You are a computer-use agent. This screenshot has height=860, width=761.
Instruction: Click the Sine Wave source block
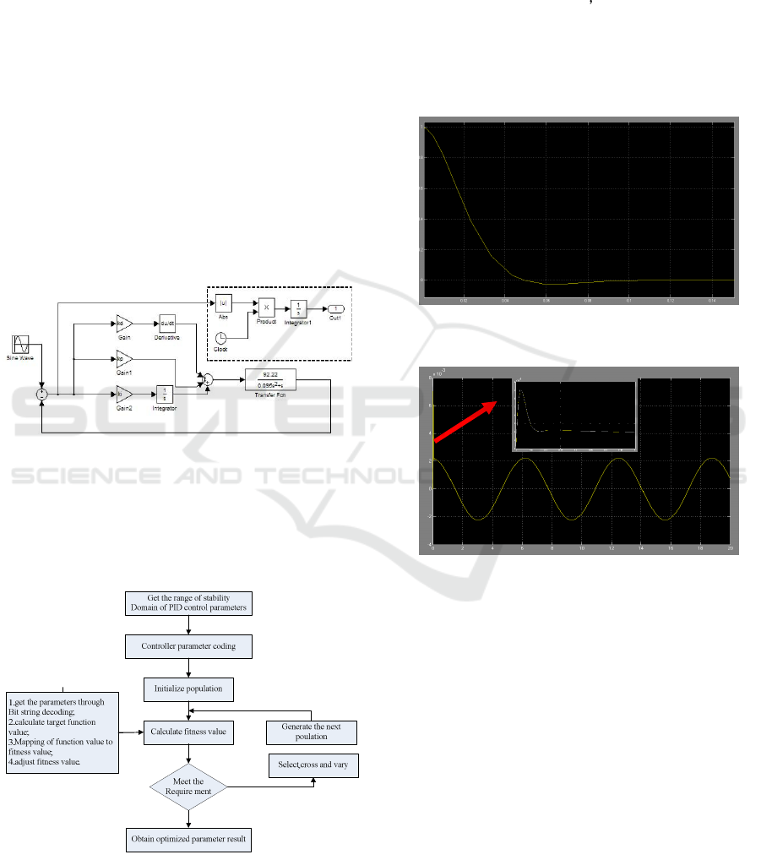(21, 345)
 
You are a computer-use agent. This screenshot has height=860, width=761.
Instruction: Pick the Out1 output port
(335, 309)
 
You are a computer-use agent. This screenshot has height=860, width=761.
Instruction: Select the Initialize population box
(188, 689)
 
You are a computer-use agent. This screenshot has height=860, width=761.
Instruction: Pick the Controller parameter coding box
(188, 648)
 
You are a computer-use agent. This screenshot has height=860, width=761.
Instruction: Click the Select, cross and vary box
(313, 765)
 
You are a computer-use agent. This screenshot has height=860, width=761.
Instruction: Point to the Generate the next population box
(311, 731)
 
